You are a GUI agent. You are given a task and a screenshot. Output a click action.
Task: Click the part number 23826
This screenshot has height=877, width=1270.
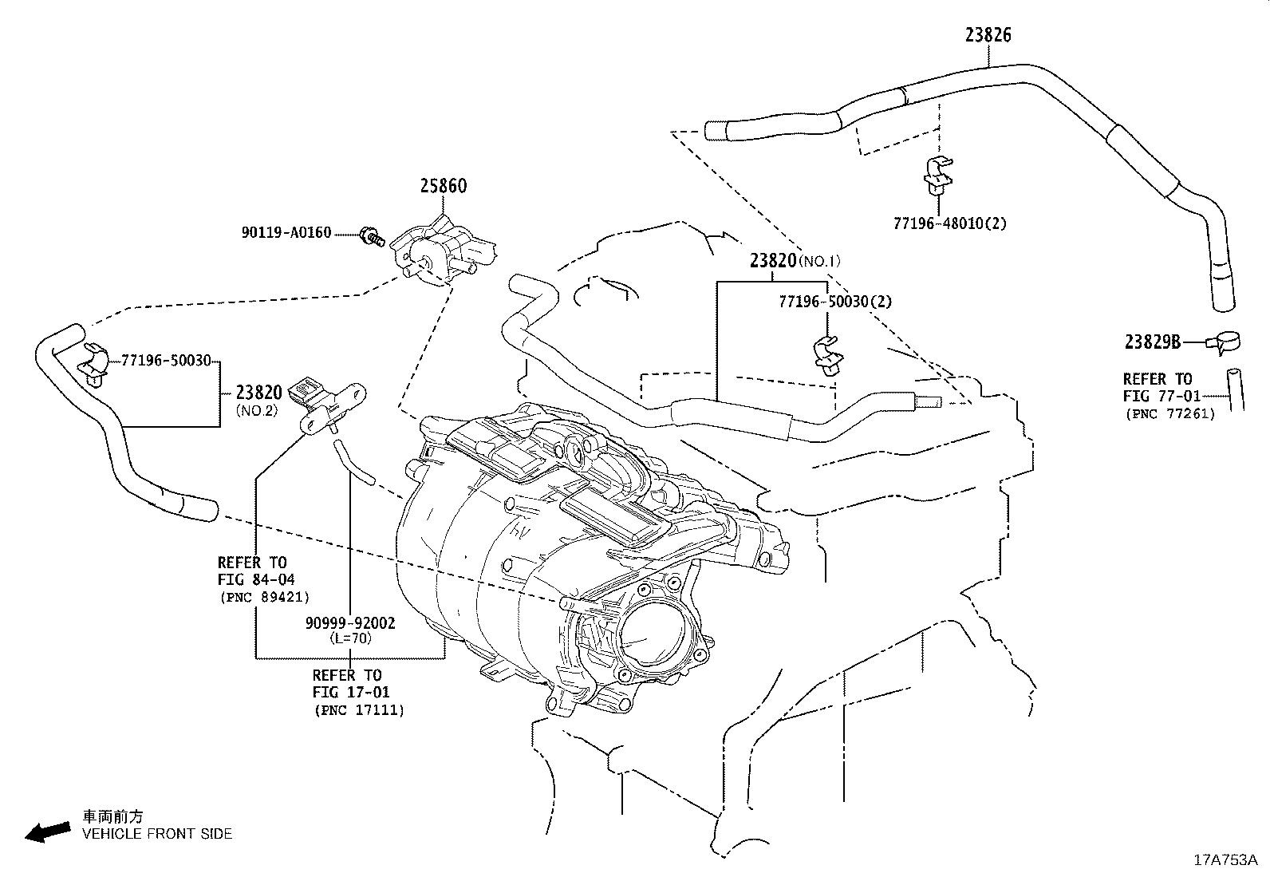point(988,35)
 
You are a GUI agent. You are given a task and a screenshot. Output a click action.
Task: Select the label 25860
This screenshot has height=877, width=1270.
point(444,186)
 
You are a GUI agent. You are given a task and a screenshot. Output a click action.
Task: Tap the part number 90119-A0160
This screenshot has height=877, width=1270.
point(286,232)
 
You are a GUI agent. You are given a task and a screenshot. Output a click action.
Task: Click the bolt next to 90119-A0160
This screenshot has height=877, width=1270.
point(372,236)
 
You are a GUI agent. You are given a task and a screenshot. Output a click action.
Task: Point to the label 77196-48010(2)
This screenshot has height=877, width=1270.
point(950,223)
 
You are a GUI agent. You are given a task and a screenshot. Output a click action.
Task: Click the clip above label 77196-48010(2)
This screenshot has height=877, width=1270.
point(938,173)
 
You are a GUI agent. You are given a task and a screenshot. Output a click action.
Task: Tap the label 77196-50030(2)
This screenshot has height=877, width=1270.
point(835,302)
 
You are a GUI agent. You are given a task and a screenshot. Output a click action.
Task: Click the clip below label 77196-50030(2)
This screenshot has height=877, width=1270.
point(828,356)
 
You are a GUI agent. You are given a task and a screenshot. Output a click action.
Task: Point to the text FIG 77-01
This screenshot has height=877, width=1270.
point(1162,396)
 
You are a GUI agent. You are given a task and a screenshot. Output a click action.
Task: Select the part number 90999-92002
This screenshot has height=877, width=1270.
point(350,623)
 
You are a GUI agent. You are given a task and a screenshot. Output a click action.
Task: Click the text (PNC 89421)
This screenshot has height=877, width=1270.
point(265,597)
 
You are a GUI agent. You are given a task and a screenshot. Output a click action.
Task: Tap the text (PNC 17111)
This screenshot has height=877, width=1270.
point(360,710)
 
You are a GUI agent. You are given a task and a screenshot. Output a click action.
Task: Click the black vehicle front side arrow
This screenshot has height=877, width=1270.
point(48,832)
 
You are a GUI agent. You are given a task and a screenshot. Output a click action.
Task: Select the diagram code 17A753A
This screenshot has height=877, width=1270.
point(1226,860)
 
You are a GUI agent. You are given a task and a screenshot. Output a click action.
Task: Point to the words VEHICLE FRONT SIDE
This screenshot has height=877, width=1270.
point(157,834)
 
